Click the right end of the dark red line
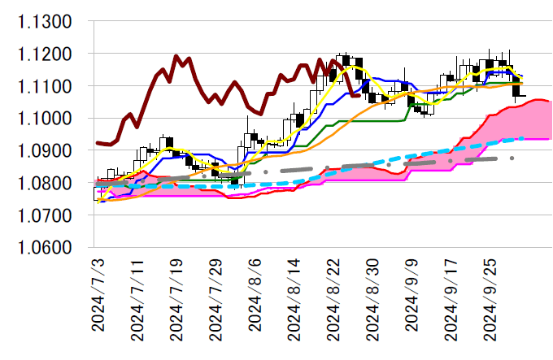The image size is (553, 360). click(360, 95)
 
